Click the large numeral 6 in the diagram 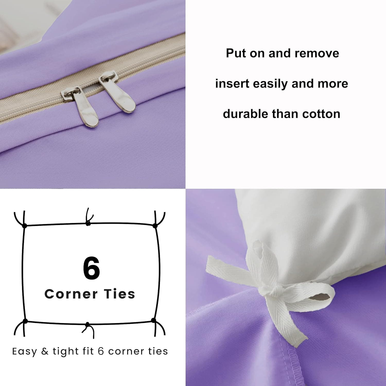click(91, 268)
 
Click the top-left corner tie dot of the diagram click(24, 226)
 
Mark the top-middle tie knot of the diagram click(88, 223)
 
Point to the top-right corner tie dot click(155, 226)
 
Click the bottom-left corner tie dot click(25, 321)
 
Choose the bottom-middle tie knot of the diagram click(87, 324)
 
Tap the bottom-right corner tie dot click(154, 320)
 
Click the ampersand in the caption click(45, 352)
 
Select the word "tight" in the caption click(66, 352)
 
